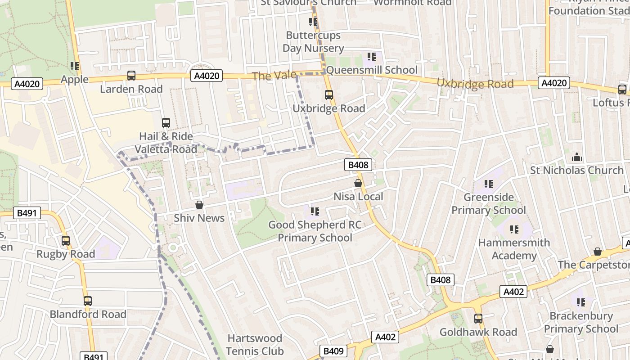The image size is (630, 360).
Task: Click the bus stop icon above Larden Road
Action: click(x=131, y=76)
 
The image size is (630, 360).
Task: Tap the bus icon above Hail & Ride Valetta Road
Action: click(x=166, y=122)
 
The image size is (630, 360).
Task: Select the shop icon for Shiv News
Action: click(x=199, y=205)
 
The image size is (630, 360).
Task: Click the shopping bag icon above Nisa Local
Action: click(x=358, y=183)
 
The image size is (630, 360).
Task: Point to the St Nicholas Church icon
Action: click(x=576, y=157)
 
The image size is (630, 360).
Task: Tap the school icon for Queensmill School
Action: click(x=371, y=57)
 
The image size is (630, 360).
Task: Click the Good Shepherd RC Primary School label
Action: click(x=315, y=231)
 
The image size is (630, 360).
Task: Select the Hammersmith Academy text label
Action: click(x=514, y=249)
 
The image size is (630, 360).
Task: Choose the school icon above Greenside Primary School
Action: click(x=489, y=184)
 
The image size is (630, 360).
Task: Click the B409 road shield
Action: click(x=333, y=351)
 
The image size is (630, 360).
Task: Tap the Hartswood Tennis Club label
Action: click(x=255, y=345)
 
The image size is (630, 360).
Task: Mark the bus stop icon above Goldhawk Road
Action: click(x=478, y=319)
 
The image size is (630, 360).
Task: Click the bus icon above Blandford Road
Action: click(x=88, y=301)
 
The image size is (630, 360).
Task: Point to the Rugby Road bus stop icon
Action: click(x=66, y=241)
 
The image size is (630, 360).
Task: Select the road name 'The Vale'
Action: click(x=274, y=76)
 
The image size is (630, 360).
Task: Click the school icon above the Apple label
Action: click(x=75, y=66)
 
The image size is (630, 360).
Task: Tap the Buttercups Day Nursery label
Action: click(x=313, y=42)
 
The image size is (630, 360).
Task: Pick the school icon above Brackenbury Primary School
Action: click(x=580, y=302)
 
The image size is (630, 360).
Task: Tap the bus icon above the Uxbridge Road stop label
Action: click(x=329, y=95)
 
